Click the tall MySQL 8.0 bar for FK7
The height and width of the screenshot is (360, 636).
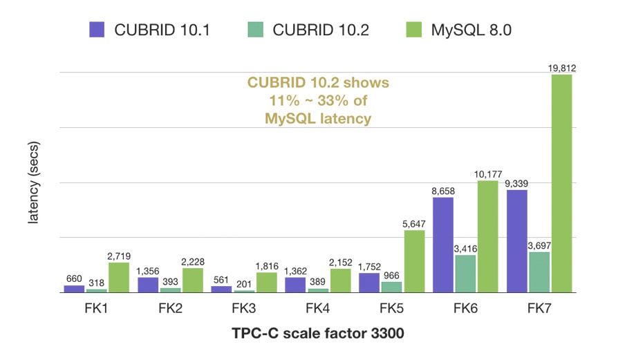tap(561, 183)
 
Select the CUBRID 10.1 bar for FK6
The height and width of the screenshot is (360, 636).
tap(443, 245)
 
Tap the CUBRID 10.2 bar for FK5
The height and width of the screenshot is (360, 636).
tap(391, 287)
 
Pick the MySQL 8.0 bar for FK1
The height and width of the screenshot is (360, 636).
tap(119, 277)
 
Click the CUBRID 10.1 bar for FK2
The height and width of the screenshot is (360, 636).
tap(148, 285)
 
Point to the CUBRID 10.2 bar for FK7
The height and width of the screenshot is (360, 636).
tap(540, 272)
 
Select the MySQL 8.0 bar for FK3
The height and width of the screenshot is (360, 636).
tap(266, 282)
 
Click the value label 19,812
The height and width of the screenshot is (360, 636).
tap(561, 68)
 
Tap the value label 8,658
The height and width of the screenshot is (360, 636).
tap(443, 190)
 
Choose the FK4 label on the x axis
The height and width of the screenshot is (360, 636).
tap(318, 309)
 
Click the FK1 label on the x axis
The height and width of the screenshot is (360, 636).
tap(95, 309)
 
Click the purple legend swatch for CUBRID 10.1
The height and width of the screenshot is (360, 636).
tap(97, 29)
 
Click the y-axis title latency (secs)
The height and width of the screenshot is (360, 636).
tap(32, 182)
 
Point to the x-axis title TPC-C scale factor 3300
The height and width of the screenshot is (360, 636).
tap(317, 335)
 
